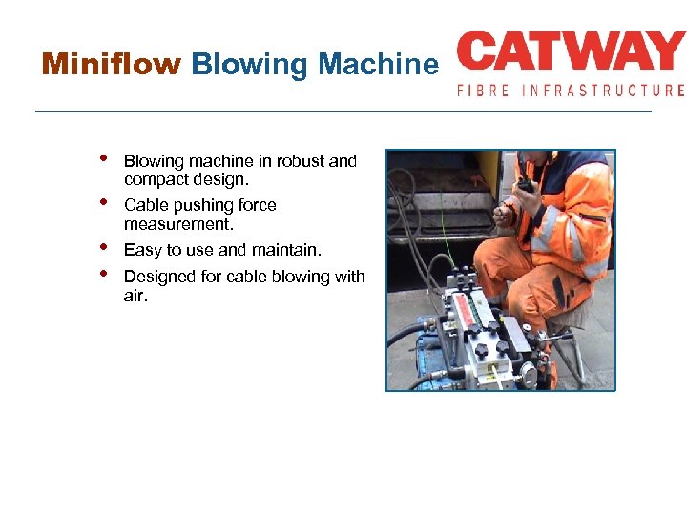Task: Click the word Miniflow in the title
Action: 111,65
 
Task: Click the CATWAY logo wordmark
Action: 571,53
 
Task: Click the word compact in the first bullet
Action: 154,179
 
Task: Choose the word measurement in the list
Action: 178,224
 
